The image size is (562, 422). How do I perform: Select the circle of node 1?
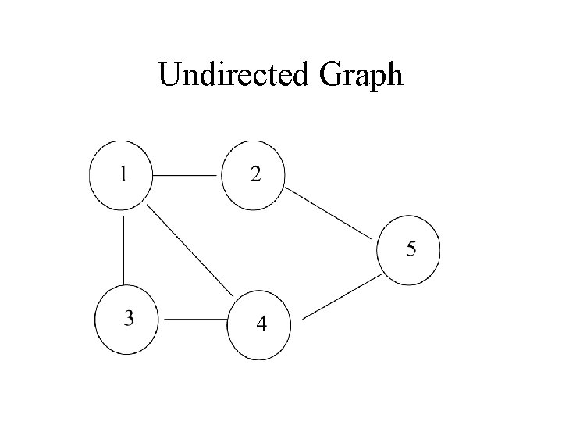121,177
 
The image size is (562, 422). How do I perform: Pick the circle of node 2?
254,177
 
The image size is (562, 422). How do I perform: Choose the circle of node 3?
126,320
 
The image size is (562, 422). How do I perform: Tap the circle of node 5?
408,250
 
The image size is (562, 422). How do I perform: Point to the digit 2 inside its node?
255,173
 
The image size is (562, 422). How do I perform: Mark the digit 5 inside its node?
411,249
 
